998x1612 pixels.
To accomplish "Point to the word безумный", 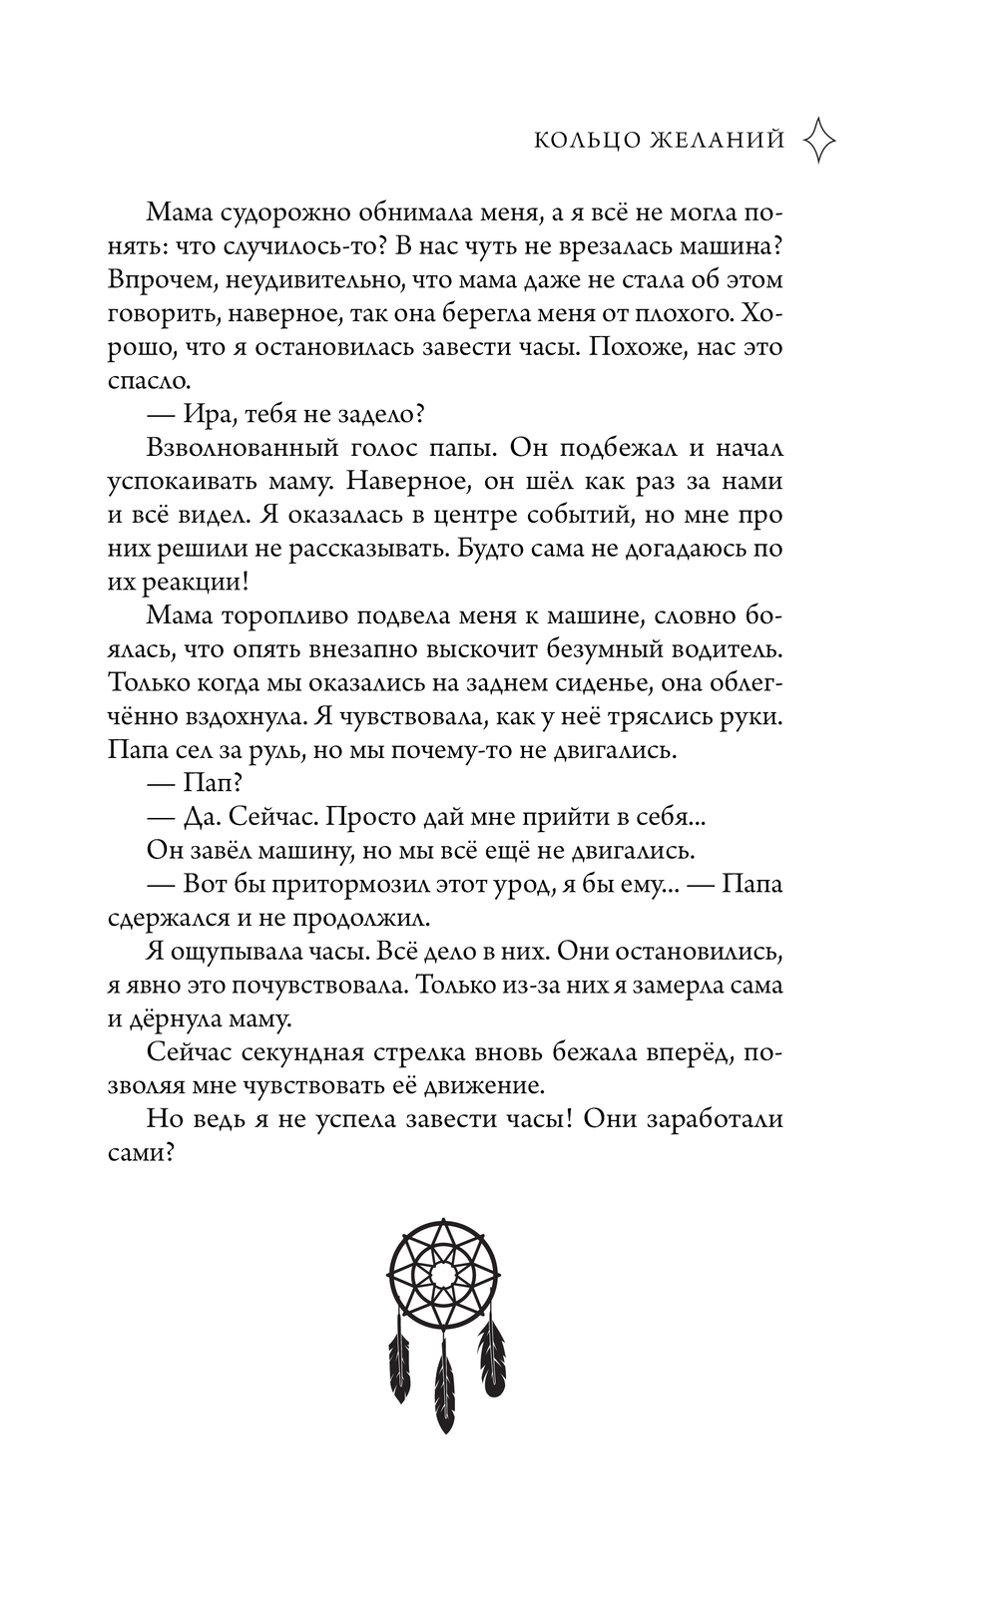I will pos(602,649).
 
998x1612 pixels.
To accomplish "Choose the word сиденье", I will pos(588,683).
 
